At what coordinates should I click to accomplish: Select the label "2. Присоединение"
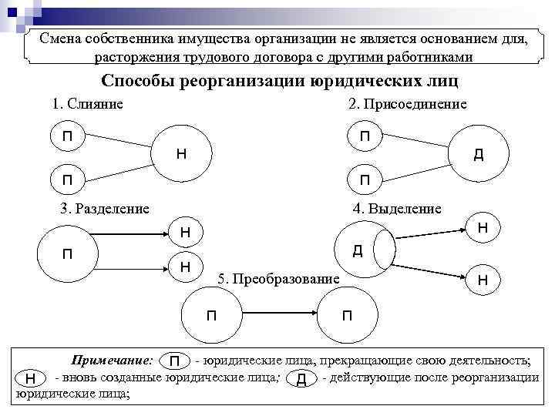(408, 104)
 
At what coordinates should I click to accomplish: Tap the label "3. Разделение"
(105, 208)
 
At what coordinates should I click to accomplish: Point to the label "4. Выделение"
(397, 208)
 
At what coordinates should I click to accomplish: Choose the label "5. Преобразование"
(278, 278)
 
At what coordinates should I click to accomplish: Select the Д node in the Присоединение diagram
(479, 155)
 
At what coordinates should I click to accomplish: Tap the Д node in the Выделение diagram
(359, 250)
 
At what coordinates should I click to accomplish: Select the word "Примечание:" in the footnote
(112, 361)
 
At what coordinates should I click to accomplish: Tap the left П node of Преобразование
(211, 314)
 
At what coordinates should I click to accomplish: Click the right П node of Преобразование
(347, 314)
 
